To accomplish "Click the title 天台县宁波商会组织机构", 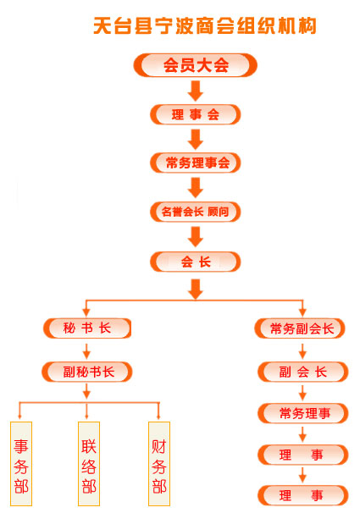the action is [205, 25].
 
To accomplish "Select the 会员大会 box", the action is [195, 65].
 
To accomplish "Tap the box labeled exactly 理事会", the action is [196, 114].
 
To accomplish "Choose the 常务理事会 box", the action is [196, 163].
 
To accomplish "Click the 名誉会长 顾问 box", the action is [196, 212].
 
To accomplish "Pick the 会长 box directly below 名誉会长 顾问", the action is [196, 262].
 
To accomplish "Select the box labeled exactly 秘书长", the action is [87, 328].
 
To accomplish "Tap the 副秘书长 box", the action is [87, 372].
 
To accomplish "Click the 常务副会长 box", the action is [300, 328].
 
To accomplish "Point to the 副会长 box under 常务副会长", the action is [303, 372].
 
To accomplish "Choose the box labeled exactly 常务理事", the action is [303, 413].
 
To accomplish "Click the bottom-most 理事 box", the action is [303, 495].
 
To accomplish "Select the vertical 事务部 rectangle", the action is [21, 464].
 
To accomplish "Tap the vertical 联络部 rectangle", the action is [89, 464].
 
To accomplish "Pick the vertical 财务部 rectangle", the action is [159, 464].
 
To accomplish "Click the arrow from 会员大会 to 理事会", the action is [196, 91].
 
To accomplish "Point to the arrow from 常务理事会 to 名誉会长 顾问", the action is [196, 187].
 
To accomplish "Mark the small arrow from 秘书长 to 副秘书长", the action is [86, 350].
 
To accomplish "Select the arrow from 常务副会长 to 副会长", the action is [302, 350].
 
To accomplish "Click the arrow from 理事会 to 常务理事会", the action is [196, 139].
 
